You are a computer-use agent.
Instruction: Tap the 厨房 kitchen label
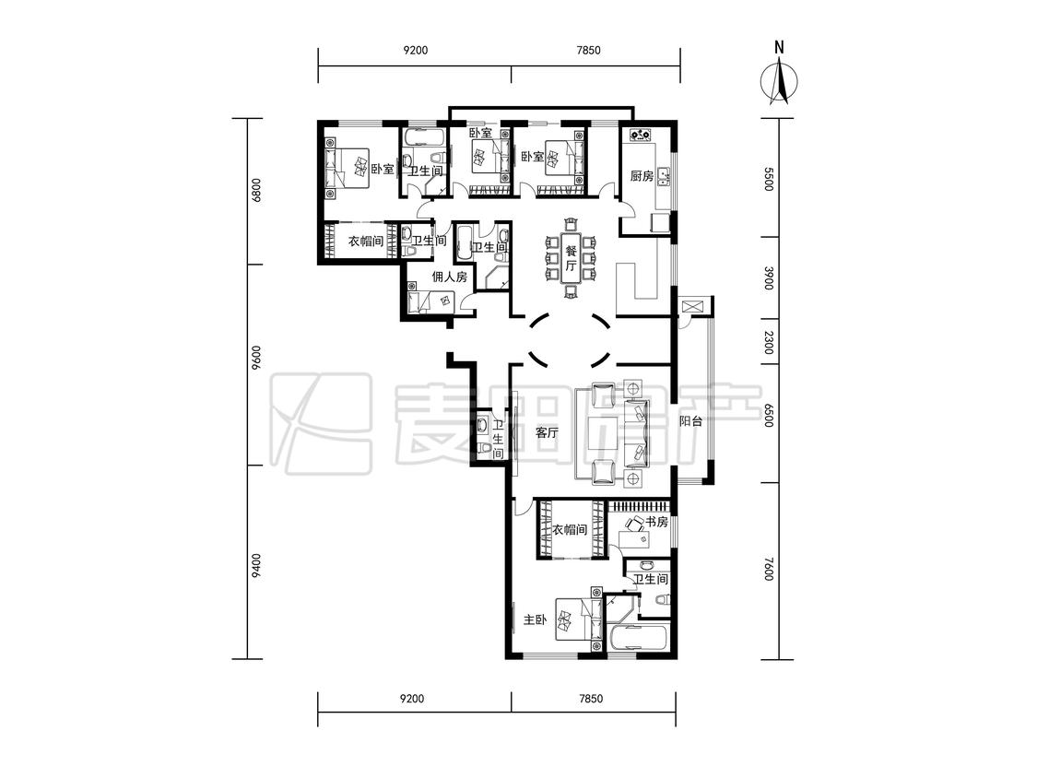click(642, 176)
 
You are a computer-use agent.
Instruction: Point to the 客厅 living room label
click(547, 433)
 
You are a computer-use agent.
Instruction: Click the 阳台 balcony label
click(690, 420)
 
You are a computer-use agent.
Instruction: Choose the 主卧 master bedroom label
click(535, 619)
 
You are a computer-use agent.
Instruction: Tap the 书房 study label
click(656, 522)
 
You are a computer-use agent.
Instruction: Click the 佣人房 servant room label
click(450, 277)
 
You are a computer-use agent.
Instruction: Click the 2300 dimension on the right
click(768, 343)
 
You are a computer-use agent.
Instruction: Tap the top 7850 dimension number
click(589, 51)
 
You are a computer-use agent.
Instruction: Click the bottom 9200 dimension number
click(413, 699)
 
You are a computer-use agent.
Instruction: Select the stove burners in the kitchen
click(640, 135)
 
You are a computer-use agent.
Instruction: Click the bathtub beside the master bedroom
click(638, 639)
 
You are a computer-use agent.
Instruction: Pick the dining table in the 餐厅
click(572, 258)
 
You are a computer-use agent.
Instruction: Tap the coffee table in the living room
click(603, 432)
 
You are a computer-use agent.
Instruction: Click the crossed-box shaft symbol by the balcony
click(694, 308)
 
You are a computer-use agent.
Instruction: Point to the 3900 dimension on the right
click(768, 277)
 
